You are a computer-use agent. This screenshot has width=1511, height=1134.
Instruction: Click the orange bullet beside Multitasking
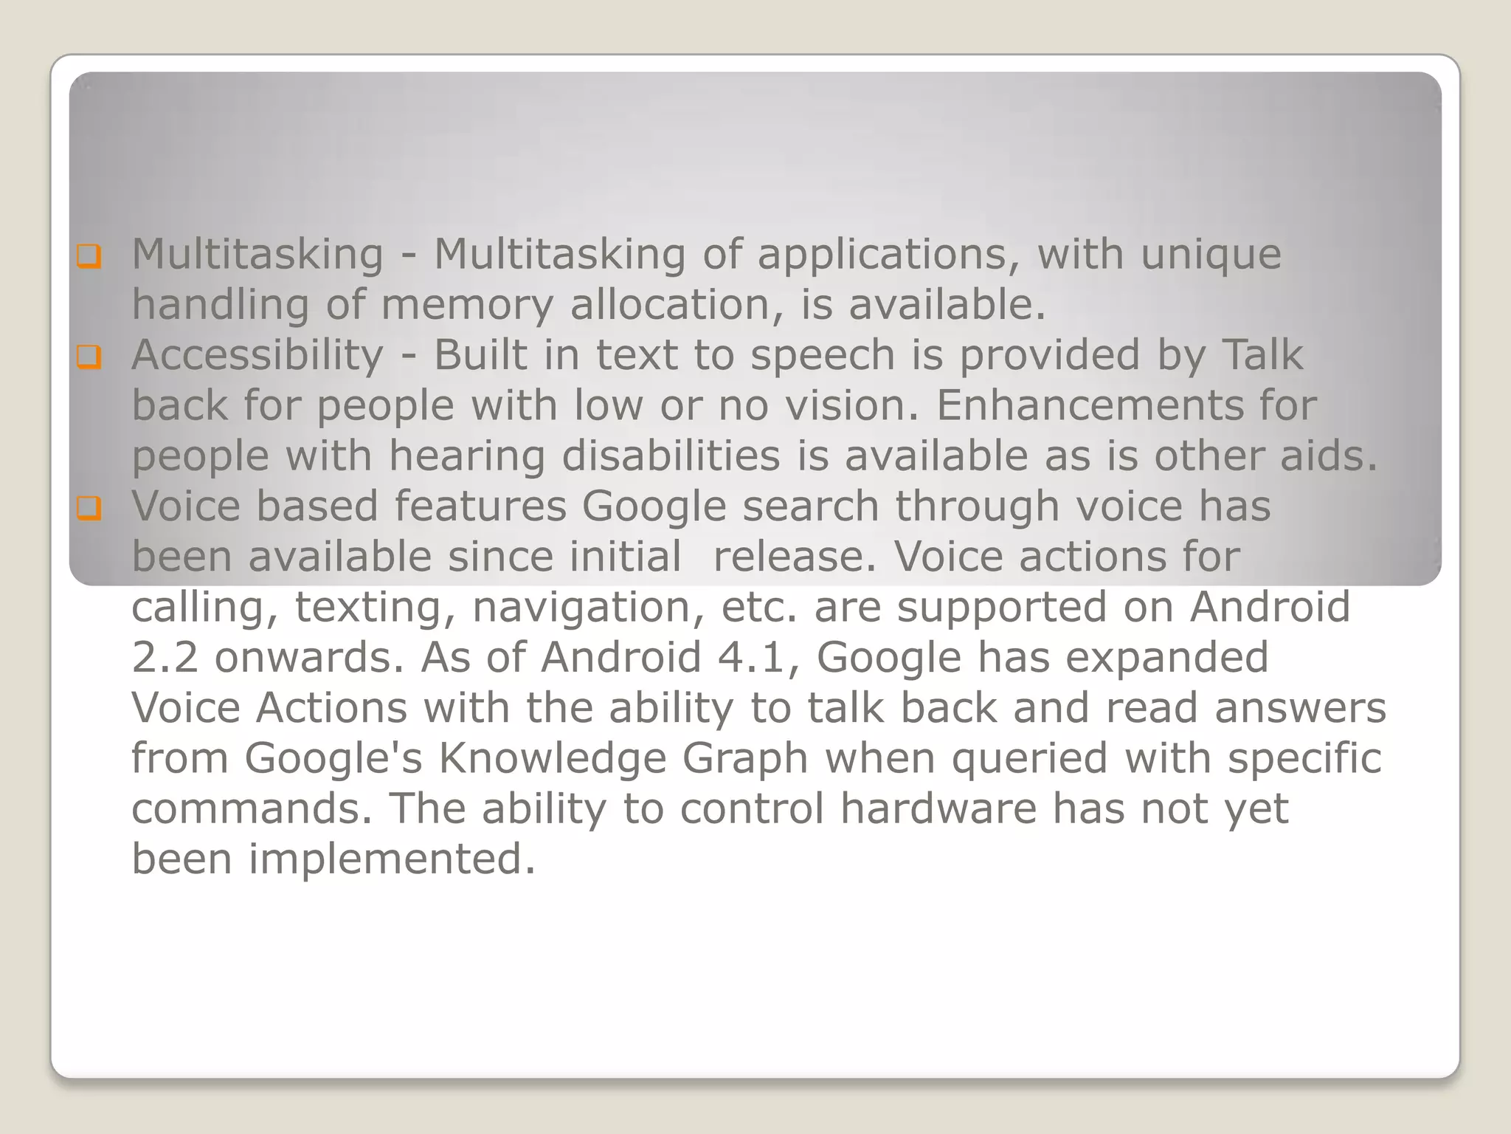pyautogui.click(x=89, y=257)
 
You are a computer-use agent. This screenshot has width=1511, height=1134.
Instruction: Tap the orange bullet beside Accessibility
pyautogui.click(x=89, y=358)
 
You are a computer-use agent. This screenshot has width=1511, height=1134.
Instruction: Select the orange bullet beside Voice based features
pyautogui.click(x=89, y=509)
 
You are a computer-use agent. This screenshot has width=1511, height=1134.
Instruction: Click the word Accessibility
pyautogui.click(x=257, y=356)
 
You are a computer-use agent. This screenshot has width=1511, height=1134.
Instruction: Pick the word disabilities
pyautogui.click(x=671, y=456)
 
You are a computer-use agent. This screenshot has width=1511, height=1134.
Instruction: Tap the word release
pyautogui.click(x=795, y=557)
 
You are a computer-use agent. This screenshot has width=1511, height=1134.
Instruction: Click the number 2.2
pyautogui.click(x=165, y=657)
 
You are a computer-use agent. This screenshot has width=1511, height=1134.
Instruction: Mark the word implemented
pyautogui.click(x=392, y=859)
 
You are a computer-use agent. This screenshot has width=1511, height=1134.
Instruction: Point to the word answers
pyautogui.click(x=1300, y=708)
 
